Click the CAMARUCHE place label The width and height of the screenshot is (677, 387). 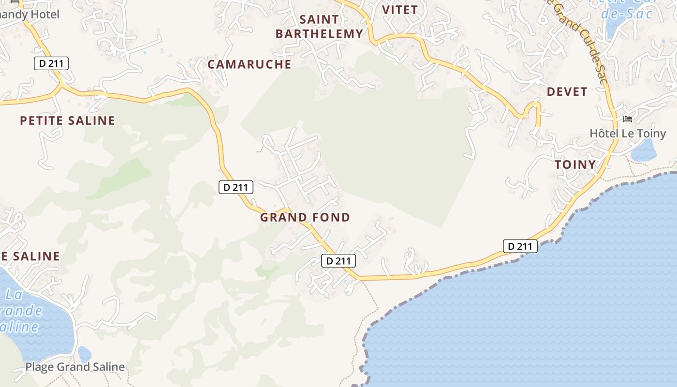click(x=250, y=64)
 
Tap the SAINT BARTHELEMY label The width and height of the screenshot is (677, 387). click(x=319, y=27)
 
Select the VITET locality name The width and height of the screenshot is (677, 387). click(x=400, y=10)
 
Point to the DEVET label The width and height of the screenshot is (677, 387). click(x=567, y=91)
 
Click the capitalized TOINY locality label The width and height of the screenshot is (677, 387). click(x=575, y=164)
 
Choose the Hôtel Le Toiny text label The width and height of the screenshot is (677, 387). click(x=628, y=133)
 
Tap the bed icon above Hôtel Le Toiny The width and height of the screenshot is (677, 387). click(x=628, y=119)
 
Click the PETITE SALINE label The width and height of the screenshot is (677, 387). click(x=68, y=120)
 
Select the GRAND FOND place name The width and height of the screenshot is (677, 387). click(x=305, y=218)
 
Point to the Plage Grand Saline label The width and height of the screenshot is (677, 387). click(x=75, y=367)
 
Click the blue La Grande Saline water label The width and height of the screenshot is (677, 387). click(x=22, y=310)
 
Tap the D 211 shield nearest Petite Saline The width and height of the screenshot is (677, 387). click(x=51, y=63)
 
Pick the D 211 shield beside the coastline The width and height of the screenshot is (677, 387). click(x=520, y=246)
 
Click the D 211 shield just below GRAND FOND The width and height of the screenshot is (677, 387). click(x=338, y=261)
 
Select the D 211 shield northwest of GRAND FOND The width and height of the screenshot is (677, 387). click(x=236, y=187)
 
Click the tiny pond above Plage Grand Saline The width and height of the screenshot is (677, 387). click(x=84, y=355)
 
